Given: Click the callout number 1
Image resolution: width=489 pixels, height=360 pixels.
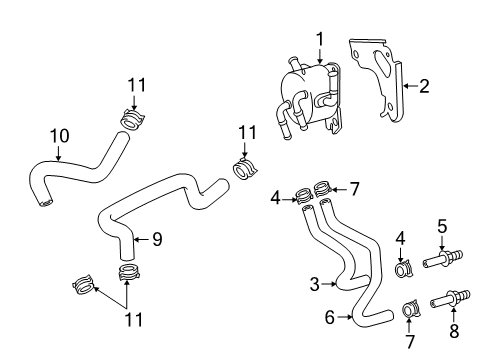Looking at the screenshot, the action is click(x=320, y=40).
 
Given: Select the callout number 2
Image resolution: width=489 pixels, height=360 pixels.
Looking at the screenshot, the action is click(x=424, y=86).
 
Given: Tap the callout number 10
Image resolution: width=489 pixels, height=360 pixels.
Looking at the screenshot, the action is click(x=60, y=136).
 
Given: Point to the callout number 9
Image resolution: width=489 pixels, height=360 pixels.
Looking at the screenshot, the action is click(x=157, y=239).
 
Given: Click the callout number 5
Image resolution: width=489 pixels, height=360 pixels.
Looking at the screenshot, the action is click(x=442, y=227).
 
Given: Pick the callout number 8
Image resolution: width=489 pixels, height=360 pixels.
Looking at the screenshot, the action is click(x=454, y=331).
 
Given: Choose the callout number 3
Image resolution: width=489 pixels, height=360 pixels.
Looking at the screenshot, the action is click(x=314, y=284).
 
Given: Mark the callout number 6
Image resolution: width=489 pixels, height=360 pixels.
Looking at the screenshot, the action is click(x=329, y=317).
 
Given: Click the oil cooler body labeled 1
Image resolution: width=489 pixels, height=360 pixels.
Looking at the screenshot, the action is click(x=308, y=97).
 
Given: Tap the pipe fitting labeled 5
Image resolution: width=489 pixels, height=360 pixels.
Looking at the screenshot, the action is click(x=443, y=258).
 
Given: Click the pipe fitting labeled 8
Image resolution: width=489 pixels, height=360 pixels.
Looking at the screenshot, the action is click(x=450, y=299).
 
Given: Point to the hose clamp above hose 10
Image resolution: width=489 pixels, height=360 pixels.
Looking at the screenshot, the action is click(x=132, y=120).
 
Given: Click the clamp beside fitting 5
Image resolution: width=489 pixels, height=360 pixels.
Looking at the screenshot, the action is click(x=404, y=269).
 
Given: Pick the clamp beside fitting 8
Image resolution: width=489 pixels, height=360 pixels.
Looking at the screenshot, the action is click(x=411, y=310).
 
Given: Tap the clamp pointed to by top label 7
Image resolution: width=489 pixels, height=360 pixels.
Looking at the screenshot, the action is click(x=323, y=188).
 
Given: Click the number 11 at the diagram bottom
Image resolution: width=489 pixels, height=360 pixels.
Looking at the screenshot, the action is click(x=134, y=319).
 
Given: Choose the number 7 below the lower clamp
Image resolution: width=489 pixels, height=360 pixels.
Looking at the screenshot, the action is click(x=409, y=342).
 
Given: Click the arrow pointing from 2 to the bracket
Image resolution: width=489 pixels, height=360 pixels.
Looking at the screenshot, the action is click(x=410, y=86).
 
